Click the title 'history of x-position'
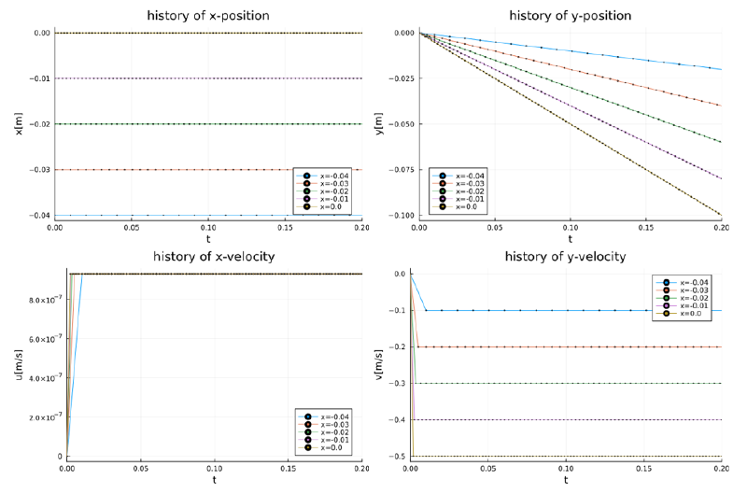click(x=208, y=15)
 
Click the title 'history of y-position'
click(x=570, y=15)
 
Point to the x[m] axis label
click(x=17, y=124)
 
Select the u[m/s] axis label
click(x=17, y=365)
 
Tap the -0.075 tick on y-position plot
click(x=402, y=170)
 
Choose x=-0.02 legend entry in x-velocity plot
click(x=334, y=431)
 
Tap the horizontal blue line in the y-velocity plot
click(x=560, y=310)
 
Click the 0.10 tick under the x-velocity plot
click(x=215, y=468)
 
